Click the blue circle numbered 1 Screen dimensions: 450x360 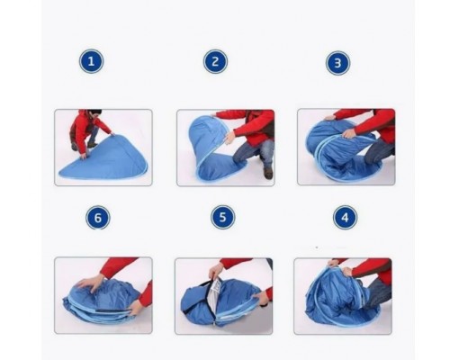point(91,61)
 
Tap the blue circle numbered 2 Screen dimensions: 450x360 point(215,62)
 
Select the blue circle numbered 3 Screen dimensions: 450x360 point(337,63)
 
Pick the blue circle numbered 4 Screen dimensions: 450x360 point(345,218)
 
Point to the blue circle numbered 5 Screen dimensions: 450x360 point(222,217)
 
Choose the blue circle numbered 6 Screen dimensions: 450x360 point(98,218)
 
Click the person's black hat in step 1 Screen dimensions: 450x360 point(94,112)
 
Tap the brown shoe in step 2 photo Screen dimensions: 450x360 point(268,173)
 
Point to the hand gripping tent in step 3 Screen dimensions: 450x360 point(349,133)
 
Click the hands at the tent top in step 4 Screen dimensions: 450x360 point(339,267)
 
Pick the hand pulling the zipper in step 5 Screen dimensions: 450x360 point(216,270)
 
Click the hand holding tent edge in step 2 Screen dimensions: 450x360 point(229,138)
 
